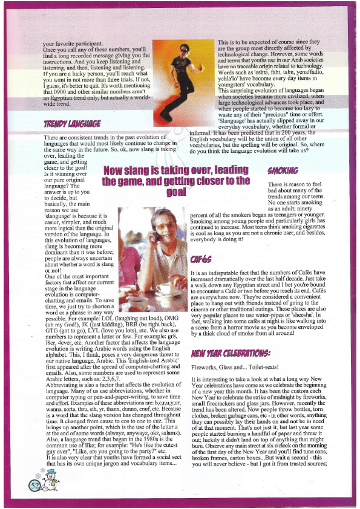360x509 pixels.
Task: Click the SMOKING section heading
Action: click(x=283, y=170)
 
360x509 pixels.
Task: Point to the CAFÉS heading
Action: click(x=200, y=259)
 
